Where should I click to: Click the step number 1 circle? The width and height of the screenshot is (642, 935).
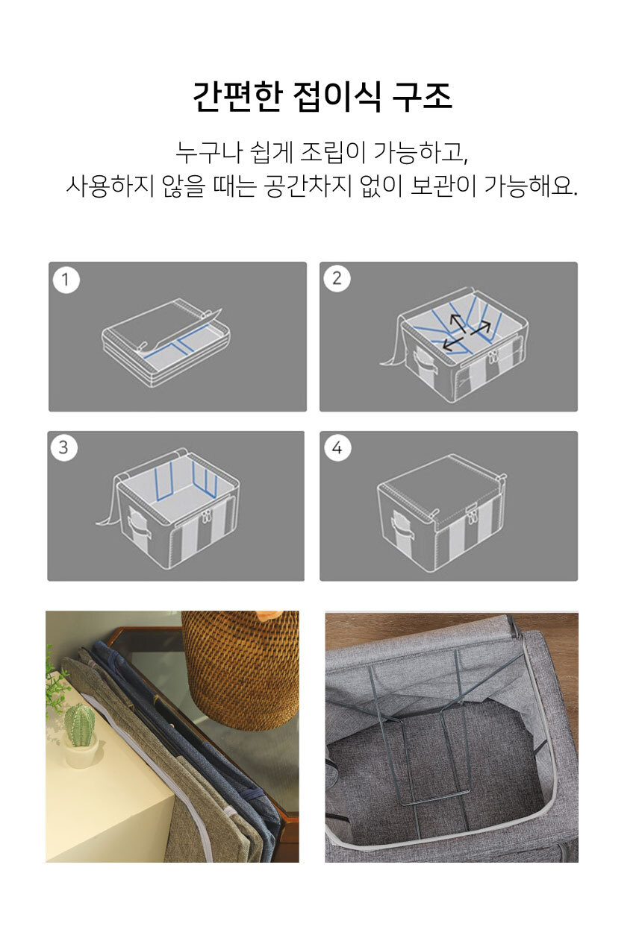(66, 280)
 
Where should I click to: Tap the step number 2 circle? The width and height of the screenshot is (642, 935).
(337, 278)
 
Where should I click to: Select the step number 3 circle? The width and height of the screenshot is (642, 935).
(63, 447)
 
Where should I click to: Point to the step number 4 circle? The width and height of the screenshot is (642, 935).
(337, 448)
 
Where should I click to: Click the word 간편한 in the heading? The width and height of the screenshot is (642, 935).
(237, 96)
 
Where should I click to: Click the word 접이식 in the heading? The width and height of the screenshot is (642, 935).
(337, 96)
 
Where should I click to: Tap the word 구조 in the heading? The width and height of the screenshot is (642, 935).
(422, 96)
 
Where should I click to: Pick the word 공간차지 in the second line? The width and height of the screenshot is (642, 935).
(307, 186)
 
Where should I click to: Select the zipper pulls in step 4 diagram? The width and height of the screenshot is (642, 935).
(472, 517)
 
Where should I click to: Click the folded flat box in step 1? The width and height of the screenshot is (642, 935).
(166, 342)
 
